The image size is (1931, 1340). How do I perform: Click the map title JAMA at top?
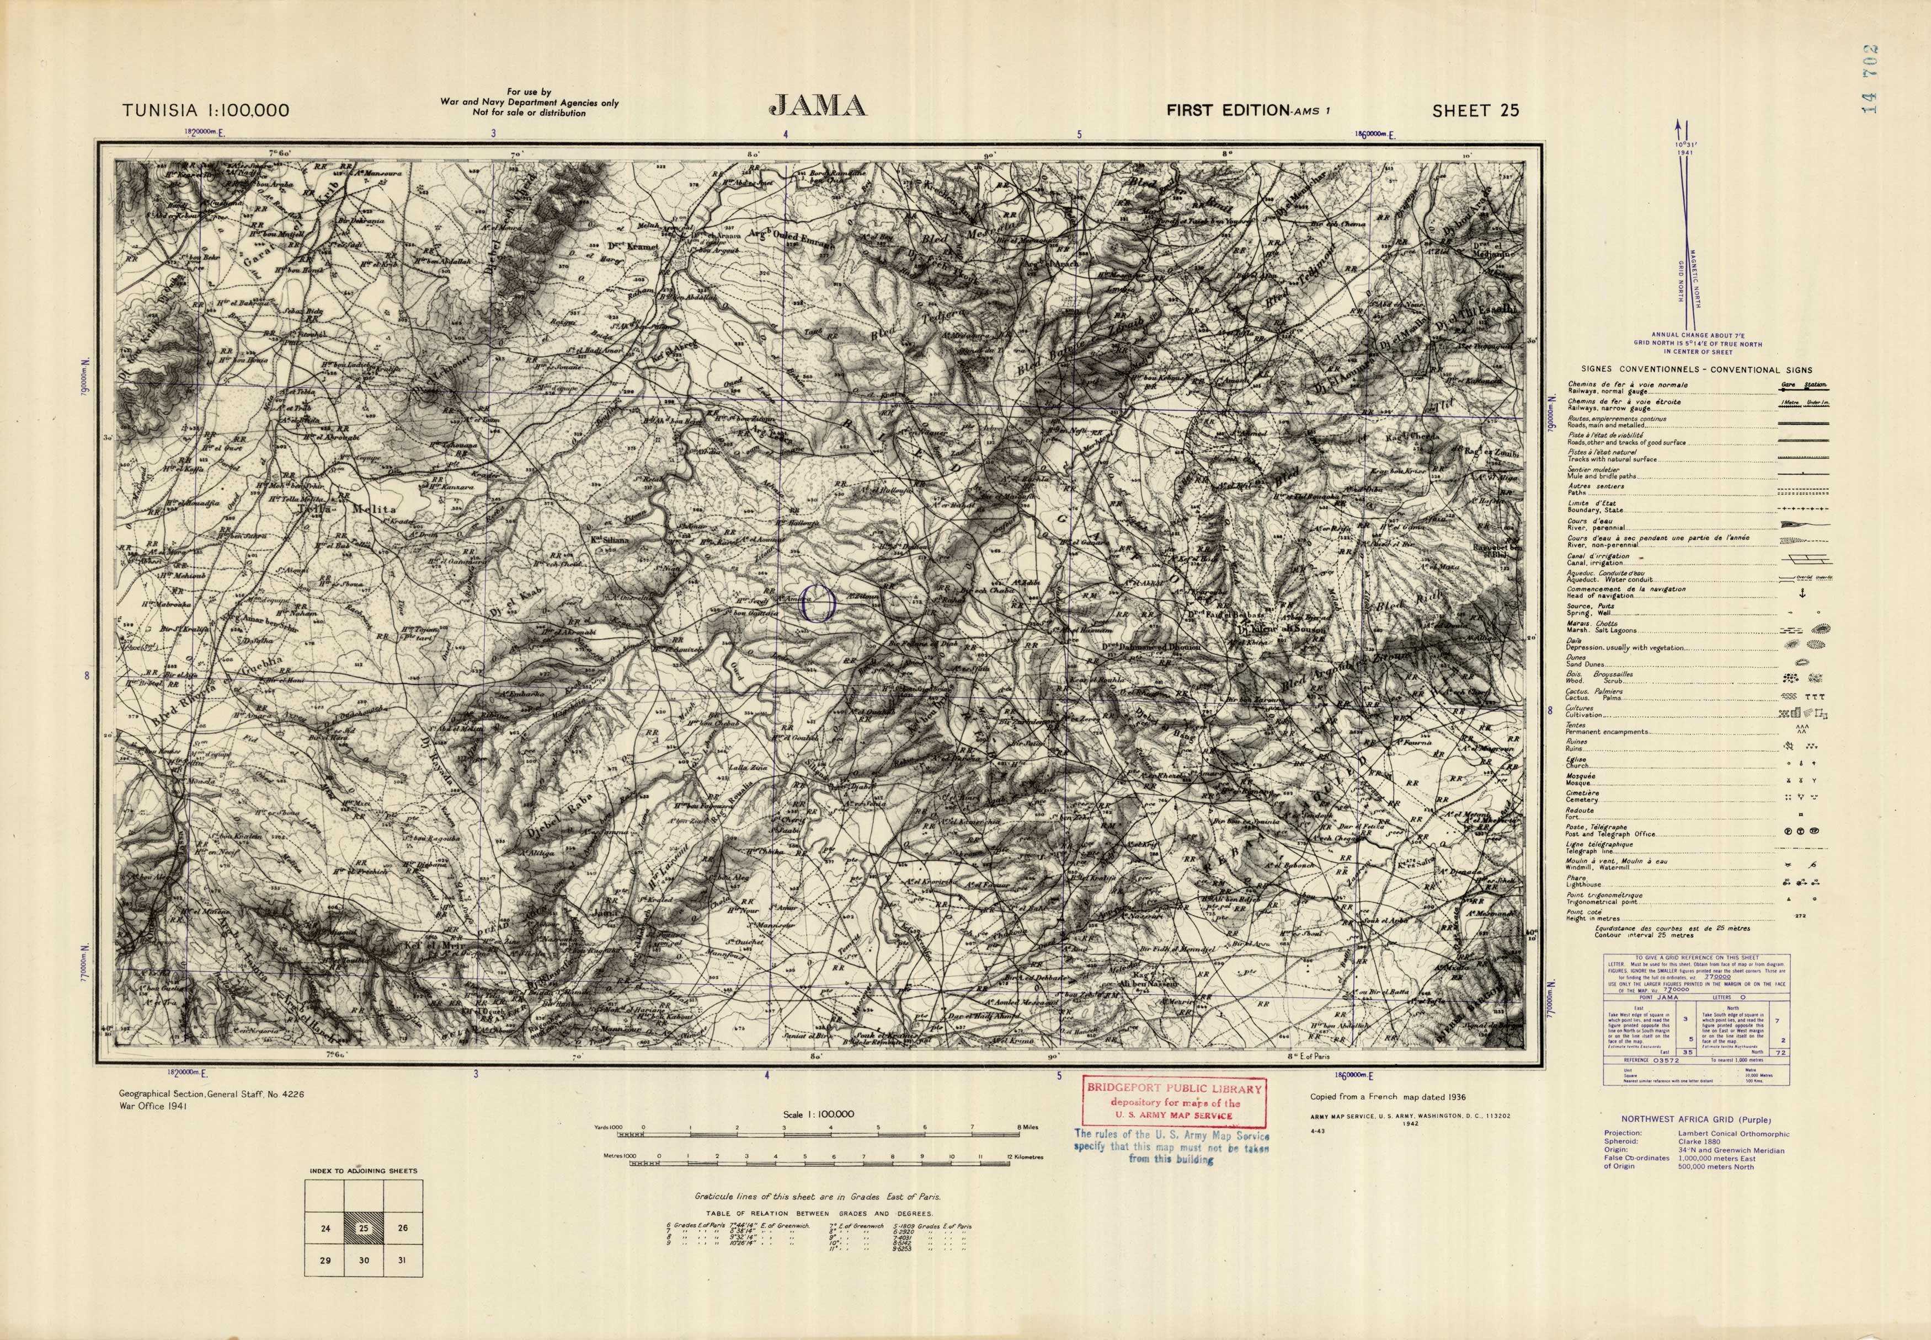pyautogui.click(x=817, y=106)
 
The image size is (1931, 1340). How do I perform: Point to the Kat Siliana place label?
pyautogui.click(x=610, y=541)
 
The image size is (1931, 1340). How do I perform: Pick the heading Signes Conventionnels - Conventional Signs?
pyautogui.click(x=1696, y=369)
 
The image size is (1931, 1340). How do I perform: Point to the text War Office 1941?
pyautogui.click(x=154, y=1107)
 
